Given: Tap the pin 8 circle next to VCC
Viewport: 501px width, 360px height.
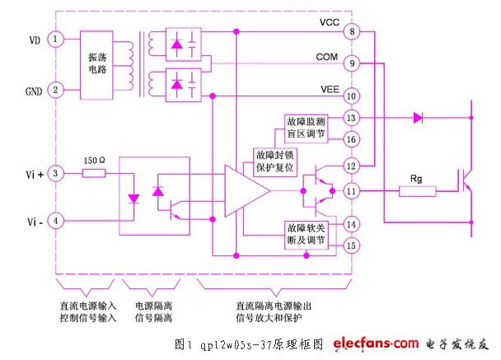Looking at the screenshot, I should point(352,32).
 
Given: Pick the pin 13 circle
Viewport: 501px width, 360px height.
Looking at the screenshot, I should point(352,118).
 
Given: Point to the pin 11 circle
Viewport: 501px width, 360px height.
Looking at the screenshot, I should point(352,191).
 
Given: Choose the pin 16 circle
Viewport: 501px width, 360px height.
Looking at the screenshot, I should point(352,139).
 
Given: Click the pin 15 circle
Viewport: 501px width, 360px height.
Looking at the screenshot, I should point(352,245).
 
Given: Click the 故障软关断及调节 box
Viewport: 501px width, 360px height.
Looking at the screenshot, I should point(307,235).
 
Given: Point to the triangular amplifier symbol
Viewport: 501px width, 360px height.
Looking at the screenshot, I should point(245,191).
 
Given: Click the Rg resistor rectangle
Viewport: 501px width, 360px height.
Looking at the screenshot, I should point(416,191).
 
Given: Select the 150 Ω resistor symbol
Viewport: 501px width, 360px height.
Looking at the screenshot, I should point(93,173).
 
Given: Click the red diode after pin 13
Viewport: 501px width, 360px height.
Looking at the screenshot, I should point(418,118).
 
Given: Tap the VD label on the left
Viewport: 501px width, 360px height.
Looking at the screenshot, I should point(33,38).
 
